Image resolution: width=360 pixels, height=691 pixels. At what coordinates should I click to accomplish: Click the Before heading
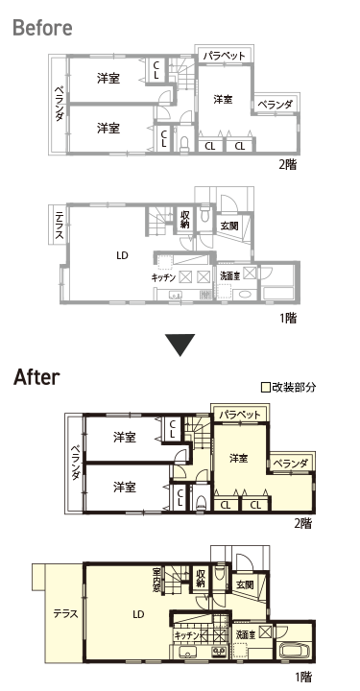[43, 28]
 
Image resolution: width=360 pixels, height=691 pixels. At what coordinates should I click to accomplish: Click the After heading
[36, 378]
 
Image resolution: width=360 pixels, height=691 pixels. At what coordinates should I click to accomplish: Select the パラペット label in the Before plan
[224, 56]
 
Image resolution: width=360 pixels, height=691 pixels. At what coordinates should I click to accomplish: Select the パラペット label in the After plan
[240, 415]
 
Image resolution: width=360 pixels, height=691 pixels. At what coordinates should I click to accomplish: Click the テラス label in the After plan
[65, 613]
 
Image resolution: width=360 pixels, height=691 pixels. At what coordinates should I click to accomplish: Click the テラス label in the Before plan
[60, 226]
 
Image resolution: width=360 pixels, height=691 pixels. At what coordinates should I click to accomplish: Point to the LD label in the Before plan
[122, 255]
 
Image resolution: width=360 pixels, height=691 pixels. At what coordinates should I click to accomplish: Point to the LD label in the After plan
[138, 614]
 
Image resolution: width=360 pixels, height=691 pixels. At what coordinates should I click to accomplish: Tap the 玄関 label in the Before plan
[229, 226]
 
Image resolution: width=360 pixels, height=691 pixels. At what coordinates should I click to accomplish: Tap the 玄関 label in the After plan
[245, 584]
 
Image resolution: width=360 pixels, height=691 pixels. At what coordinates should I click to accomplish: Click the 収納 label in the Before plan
[184, 219]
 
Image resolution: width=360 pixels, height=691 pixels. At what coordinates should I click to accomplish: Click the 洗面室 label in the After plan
[246, 635]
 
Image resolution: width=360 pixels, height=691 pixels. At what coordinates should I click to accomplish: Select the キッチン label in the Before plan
[163, 277]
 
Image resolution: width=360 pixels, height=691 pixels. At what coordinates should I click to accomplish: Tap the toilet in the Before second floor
[184, 143]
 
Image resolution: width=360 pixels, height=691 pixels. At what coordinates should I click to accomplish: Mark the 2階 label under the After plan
[303, 523]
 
